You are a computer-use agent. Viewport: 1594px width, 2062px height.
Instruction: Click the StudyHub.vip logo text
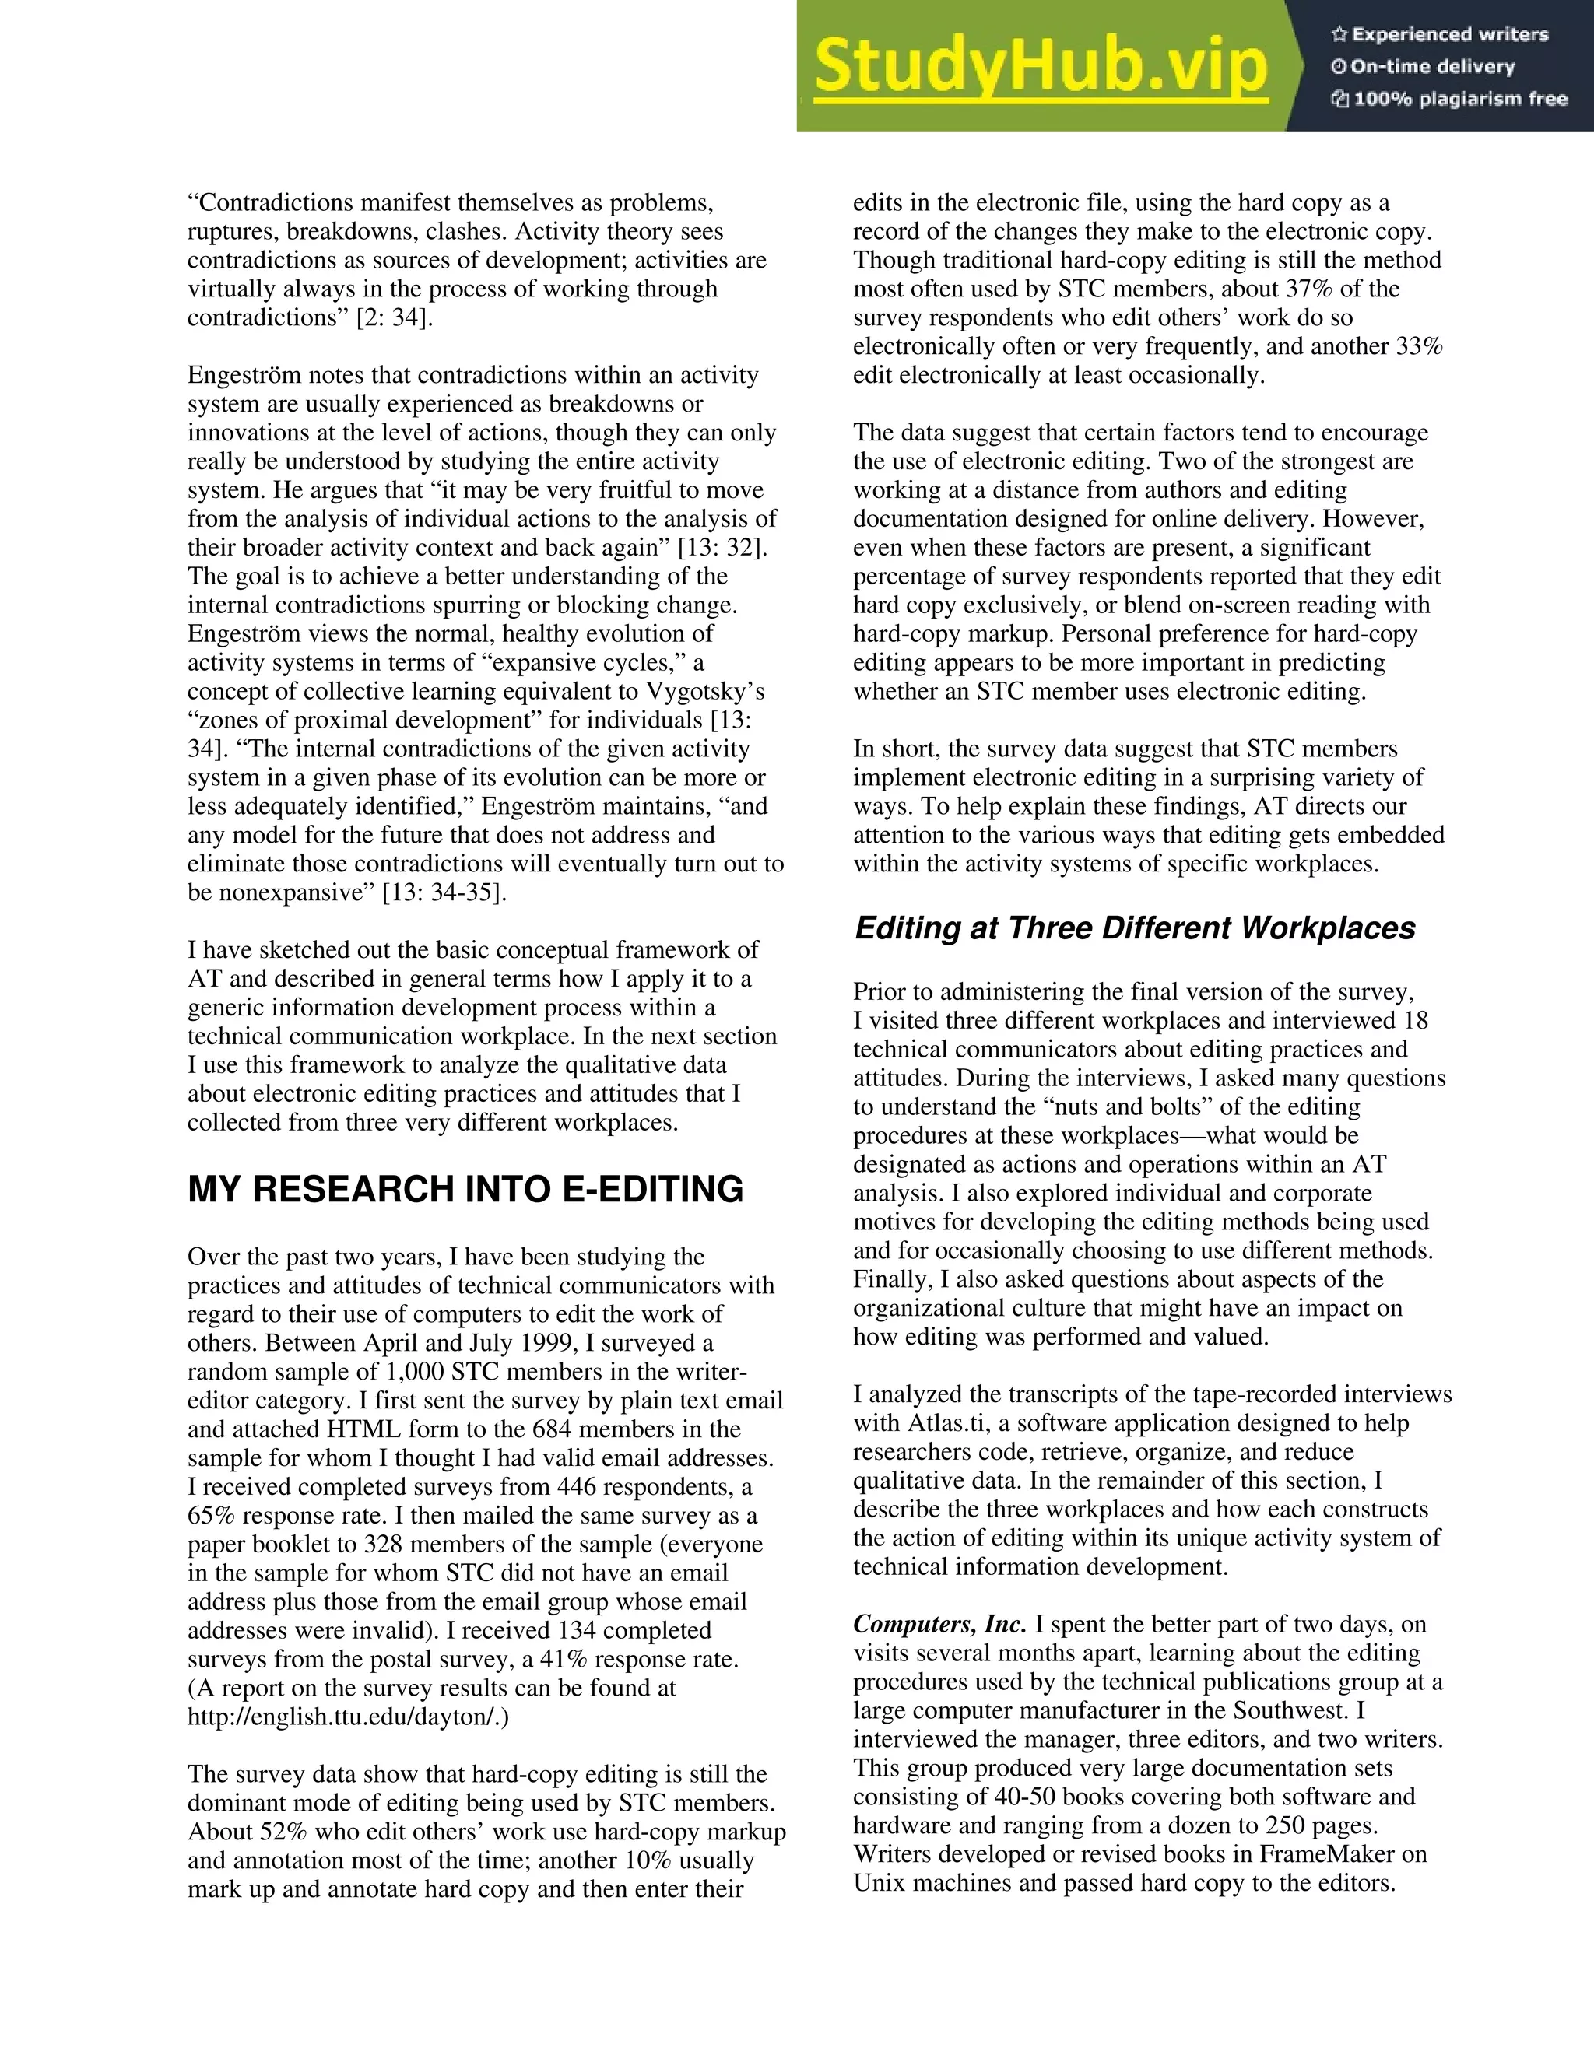pos(1040,66)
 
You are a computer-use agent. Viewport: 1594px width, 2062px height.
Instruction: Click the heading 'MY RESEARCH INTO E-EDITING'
pos(465,1190)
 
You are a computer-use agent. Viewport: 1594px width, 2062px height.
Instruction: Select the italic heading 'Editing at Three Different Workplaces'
pos(1134,928)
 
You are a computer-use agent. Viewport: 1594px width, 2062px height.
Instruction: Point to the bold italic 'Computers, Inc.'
pos(939,1624)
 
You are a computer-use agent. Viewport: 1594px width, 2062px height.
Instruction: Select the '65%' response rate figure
pos(212,1515)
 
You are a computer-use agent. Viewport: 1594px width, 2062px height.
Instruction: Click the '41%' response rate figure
pos(564,1659)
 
